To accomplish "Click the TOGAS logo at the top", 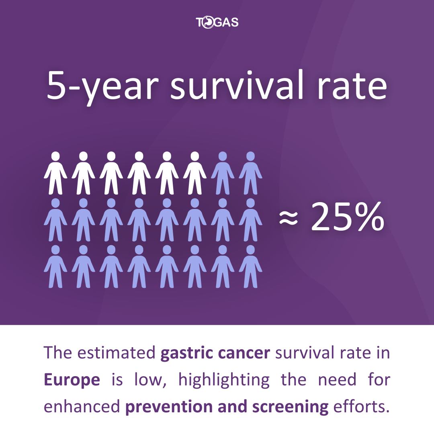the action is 217,22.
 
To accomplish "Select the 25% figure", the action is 348,217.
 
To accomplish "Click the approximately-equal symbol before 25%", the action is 289,217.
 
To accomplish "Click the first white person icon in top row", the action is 55,173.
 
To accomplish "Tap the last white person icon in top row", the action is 195,173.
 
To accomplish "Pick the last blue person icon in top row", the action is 250,173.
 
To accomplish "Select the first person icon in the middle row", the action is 55,220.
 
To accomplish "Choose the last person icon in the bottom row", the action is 250,266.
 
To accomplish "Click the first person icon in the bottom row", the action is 55,266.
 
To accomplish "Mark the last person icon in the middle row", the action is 250,220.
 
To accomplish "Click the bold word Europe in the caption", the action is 72,380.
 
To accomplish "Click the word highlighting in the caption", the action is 224,380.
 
